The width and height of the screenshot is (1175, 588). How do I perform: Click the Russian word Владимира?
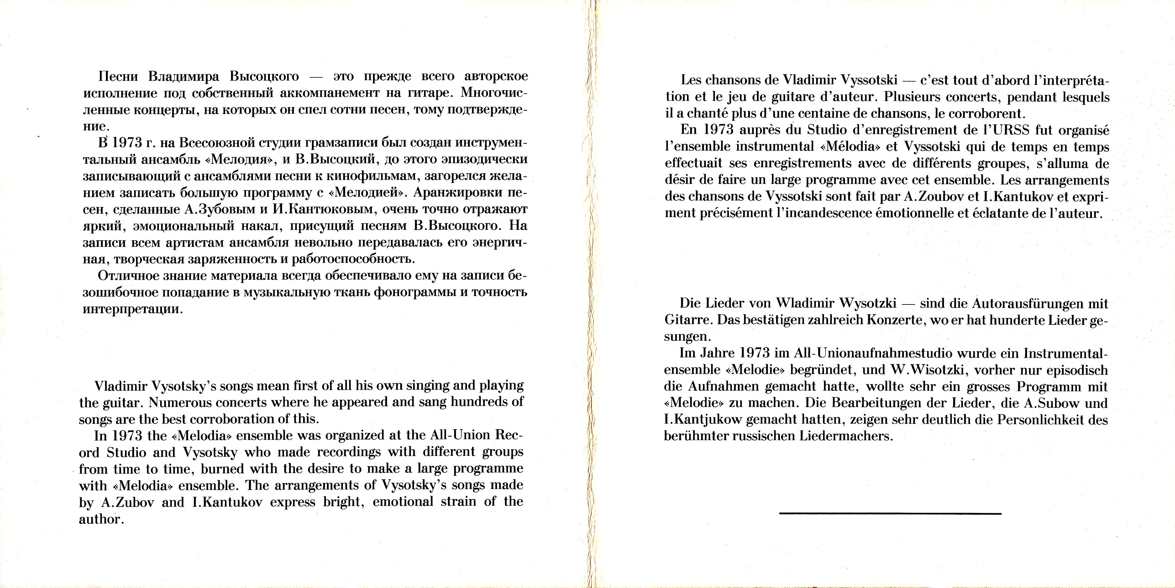[x=183, y=76]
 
